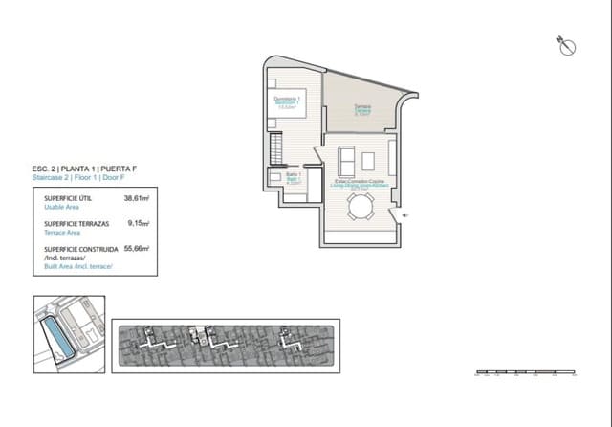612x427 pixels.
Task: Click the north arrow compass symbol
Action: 565,44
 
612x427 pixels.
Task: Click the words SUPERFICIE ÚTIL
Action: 68,198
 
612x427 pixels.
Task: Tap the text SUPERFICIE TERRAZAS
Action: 76,223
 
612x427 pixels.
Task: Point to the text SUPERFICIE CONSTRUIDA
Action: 81,248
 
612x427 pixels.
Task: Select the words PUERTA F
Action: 121,169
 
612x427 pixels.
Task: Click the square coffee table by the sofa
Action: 369,158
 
